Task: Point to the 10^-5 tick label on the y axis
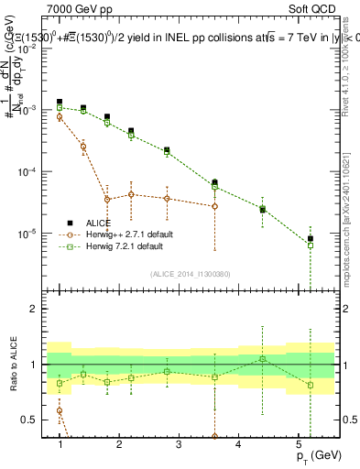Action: click(30, 234)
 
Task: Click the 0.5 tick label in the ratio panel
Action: click(32, 420)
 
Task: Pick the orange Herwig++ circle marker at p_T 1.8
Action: click(108, 199)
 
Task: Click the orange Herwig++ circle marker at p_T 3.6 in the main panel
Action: click(214, 206)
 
